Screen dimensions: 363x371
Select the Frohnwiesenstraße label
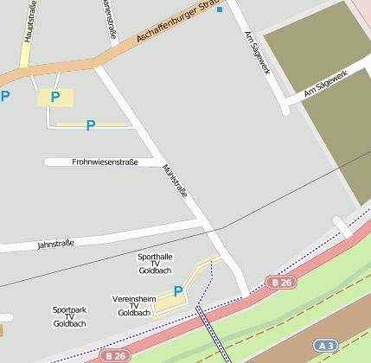tap(105, 162)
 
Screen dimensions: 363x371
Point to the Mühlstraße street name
tap(174, 181)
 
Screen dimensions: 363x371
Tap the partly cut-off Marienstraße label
tap(110, 17)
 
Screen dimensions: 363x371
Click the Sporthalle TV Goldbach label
tap(155, 264)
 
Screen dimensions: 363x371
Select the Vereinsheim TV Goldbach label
tap(133, 305)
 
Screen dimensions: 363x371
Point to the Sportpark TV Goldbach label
tap(69, 316)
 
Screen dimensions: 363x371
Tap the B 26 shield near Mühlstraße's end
tap(279, 282)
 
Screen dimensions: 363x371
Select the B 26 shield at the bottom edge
tap(114, 355)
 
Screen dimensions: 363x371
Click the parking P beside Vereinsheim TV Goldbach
tap(178, 292)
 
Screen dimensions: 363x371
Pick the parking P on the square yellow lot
tap(55, 97)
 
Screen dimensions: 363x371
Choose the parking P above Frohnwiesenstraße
tap(90, 126)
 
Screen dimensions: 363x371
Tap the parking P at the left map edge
tap(5, 97)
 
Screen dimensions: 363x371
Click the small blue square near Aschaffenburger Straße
tap(220, 10)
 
